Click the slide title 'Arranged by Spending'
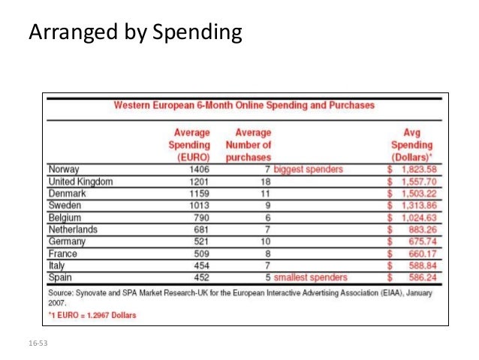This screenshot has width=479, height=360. [135, 33]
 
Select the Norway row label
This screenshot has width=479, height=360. [65, 169]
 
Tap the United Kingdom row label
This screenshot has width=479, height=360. [81, 181]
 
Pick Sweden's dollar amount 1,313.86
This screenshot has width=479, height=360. [415, 205]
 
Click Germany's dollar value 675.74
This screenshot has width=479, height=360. [419, 241]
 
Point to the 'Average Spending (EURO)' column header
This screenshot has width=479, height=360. [191, 144]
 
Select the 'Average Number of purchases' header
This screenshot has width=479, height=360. [248, 144]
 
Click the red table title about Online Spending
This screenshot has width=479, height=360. [244, 105]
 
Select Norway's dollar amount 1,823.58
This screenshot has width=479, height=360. [415, 169]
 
